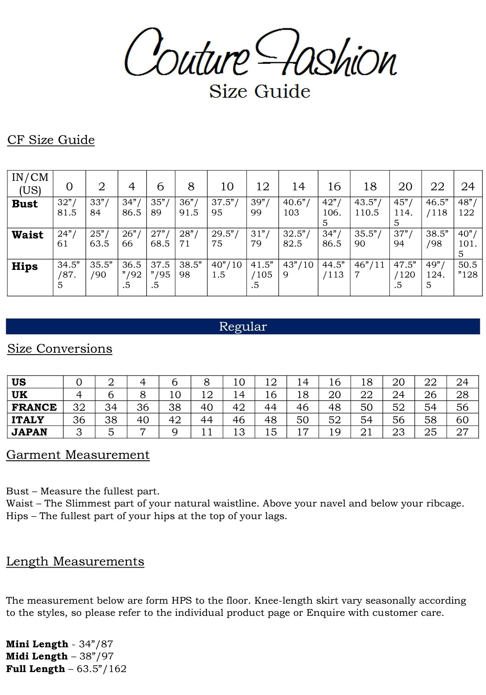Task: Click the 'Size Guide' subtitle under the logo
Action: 260,91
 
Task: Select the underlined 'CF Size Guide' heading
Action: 51,140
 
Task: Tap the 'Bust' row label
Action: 25,204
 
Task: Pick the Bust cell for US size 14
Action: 298,208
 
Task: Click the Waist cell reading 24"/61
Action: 67,239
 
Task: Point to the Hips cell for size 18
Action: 369,269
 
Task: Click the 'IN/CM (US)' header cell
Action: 30,183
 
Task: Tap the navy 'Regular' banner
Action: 243,327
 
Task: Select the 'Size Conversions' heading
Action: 59,349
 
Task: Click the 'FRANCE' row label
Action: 34,407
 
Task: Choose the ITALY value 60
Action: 462,420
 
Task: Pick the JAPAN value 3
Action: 79,432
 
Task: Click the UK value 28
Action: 462,395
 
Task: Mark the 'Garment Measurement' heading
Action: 78,455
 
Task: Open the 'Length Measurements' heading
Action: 75,561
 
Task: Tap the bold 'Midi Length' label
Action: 36,656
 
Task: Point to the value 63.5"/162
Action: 102,669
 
